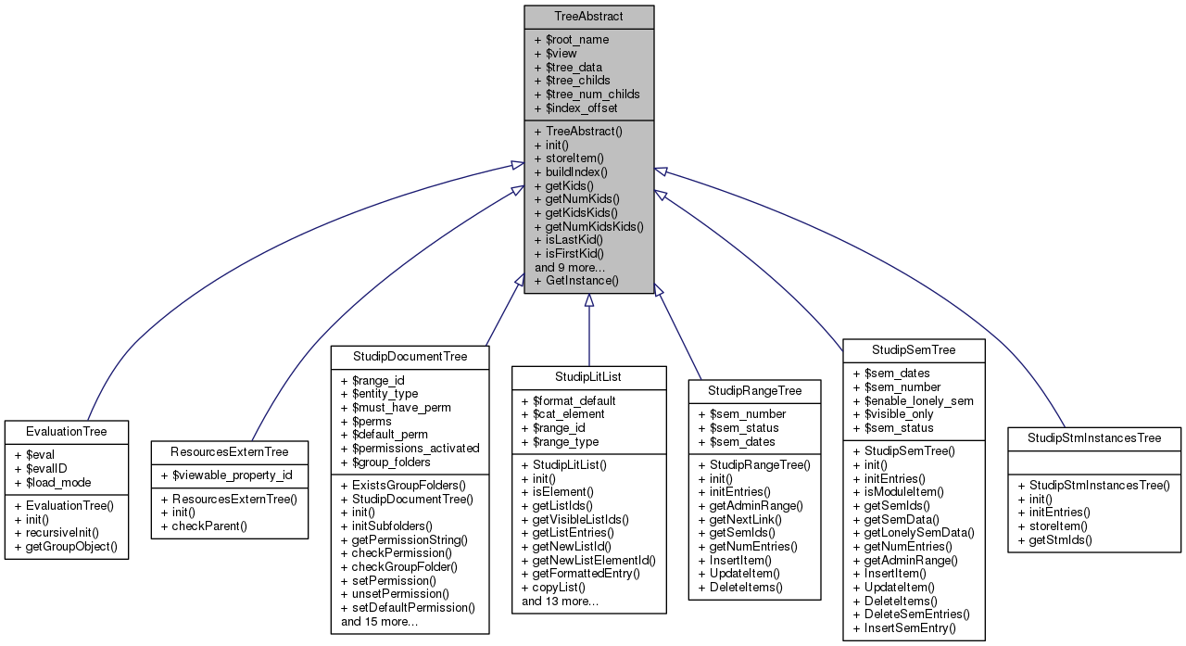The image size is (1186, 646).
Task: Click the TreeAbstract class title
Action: point(588,17)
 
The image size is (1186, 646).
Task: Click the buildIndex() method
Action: point(576,171)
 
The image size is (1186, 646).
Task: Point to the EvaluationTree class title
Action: point(67,431)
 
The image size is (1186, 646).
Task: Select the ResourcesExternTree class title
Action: point(229,451)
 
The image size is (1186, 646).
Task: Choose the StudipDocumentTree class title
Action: point(410,356)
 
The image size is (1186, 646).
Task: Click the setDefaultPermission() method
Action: point(408,607)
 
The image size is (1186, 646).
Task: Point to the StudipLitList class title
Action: point(588,377)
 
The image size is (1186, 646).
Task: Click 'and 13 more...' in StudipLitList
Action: point(560,601)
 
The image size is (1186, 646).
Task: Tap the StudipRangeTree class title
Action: point(754,390)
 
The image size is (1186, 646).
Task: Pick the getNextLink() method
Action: point(746,519)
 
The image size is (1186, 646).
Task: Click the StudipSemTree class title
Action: point(913,349)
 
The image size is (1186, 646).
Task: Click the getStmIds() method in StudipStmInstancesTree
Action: point(1054,538)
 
